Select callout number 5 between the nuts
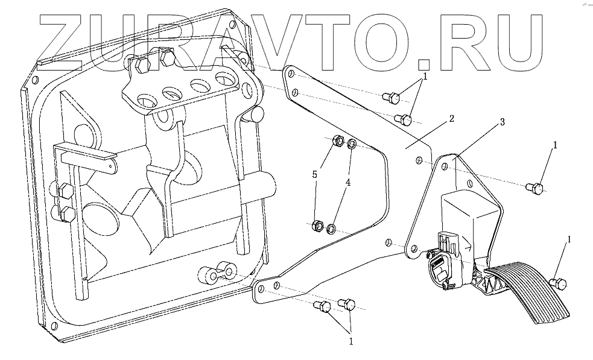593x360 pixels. (x=314, y=174)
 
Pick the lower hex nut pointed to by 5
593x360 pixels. (x=316, y=226)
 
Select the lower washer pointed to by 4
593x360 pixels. (x=331, y=229)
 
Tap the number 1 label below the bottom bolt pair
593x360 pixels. (x=351, y=341)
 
